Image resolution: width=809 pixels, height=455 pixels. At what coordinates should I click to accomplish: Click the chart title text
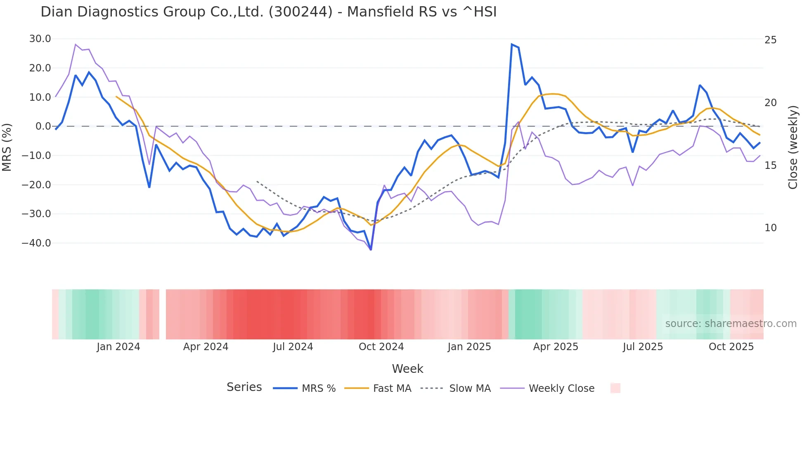point(268,12)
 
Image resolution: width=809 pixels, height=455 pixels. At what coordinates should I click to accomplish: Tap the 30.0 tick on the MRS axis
point(40,39)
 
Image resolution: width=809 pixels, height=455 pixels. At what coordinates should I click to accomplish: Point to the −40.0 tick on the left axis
point(37,243)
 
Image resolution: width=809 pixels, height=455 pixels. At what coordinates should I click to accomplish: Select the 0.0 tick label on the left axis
point(43,126)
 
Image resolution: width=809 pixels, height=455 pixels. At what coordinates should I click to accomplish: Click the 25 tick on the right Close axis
point(770,40)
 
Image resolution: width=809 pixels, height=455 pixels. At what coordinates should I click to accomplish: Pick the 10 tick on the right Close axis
point(770,228)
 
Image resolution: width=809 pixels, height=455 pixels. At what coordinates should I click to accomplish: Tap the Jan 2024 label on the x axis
point(118,347)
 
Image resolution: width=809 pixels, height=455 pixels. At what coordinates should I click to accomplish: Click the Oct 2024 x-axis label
point(381,347)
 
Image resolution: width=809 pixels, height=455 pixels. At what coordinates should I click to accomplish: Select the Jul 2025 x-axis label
point(643,347)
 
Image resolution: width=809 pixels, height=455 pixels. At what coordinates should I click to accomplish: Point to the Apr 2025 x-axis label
point(556,347)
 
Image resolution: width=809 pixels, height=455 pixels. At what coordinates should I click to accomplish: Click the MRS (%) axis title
point(7,147)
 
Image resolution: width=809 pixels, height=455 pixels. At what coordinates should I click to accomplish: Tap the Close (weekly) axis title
point(792,147)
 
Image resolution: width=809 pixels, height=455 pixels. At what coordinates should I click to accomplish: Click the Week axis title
point(407,369)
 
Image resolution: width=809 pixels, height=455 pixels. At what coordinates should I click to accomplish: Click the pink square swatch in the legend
point(615,388)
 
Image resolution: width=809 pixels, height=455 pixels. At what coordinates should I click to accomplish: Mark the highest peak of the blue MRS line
point(512,44)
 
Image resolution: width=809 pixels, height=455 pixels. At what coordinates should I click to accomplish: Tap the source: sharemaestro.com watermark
point(731,324)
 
